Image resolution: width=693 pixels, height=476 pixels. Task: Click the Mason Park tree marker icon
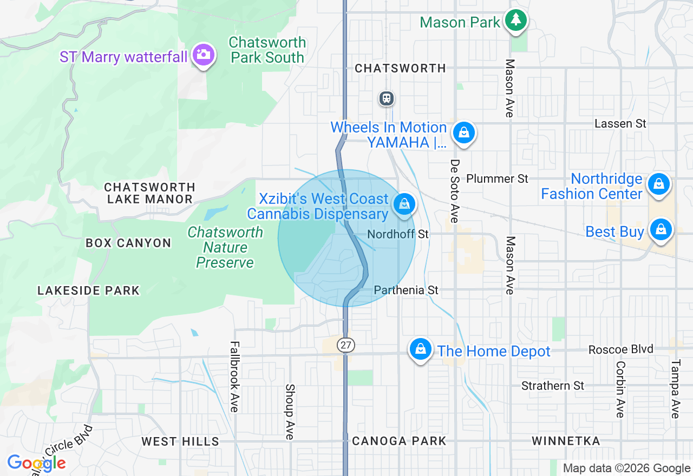pyautogui.click(x=516, y=21)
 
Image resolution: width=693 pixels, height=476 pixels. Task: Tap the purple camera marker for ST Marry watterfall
pyautogui.click(x=203, y=55)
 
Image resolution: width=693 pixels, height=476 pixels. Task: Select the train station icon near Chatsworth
pyautogui.click(x=386, y=98)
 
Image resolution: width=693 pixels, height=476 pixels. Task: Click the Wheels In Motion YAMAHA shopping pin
pyautogui.click(x=464, y=131)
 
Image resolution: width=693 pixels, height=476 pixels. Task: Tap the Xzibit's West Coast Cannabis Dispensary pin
pyautogui.click(x=404, y=204)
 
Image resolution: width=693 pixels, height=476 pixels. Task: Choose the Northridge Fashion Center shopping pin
pyautogui.click(x=659, y=184)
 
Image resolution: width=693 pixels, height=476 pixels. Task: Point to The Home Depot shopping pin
pyautogui.click(x=420, y=349)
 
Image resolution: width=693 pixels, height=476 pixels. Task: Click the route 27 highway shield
pyautogui.click(x=346, y=345)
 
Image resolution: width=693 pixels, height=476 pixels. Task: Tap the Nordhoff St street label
pyautogui.click(x=398, y=234)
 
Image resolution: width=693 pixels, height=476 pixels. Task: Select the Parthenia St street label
pyautogui.click(x=406, y=290)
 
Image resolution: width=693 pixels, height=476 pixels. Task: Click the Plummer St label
pyautogui.click(x=497, y=178)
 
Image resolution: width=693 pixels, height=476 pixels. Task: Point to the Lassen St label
pyautogui.click(x=620, y=123)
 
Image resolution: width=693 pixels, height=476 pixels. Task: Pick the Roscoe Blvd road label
pyautogui.click(x=621, y=349)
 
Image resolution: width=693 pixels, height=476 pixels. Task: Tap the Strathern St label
pyautogui.click(x=553, y=386)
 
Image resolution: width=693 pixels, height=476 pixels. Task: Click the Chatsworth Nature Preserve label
pyautogui.click(x=225, y=247)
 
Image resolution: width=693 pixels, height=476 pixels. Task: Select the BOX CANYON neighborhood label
pyautogui.click(x=128, y=243)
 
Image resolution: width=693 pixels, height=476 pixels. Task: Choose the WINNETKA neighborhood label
pyautogui.click(x=566, y=441)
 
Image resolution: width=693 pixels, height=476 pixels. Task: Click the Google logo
pyautogui.click(x=36, y=463)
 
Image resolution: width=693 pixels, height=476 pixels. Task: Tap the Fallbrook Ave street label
pyautogui.click(x=234, y=376)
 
